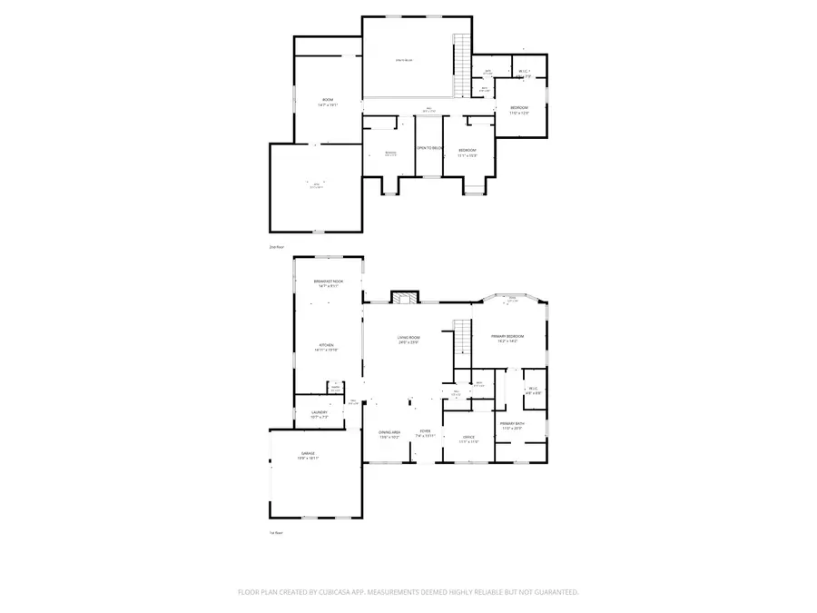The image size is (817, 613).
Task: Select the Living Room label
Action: click(408, 340)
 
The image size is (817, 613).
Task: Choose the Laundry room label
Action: click(319, 415)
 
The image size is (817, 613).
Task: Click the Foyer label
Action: click(425, 434)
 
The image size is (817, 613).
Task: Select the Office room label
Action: click(469, 440)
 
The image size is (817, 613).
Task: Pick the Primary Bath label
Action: click(512, 426)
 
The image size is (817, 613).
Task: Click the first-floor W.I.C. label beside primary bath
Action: click(534, 391)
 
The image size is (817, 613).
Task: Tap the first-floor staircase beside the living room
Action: click(462, 339)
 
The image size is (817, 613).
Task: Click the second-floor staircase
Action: click(463, 50)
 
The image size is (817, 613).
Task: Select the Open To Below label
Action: click(429, 148)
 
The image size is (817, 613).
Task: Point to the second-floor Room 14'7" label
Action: click(328, 102)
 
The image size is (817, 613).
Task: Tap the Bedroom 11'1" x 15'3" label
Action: click(468, 153)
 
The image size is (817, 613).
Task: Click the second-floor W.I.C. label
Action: click(524, 74)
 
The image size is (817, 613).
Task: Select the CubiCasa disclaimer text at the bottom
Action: click(408, 591)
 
